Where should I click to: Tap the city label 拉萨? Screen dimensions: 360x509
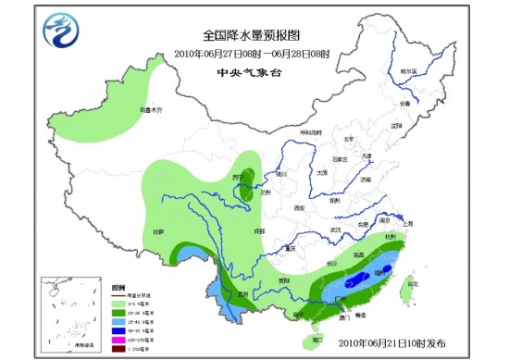158,231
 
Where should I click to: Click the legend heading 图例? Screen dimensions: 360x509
118,287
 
